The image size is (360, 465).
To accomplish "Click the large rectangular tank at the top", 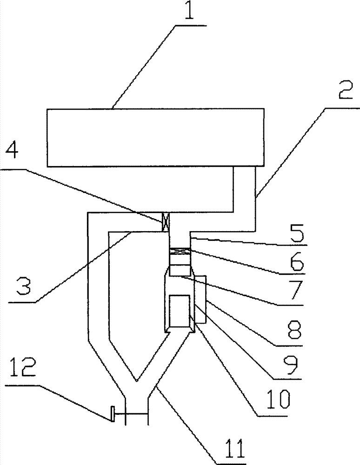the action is (x=156, y=137).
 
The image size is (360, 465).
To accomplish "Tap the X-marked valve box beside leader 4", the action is (x=166, y=221).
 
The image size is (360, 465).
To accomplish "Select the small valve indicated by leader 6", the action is (x=180, y=252).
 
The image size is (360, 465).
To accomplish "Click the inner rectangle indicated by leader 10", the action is (x=180, y=311).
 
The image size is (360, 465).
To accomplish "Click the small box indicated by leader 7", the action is (x=180, y=270).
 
